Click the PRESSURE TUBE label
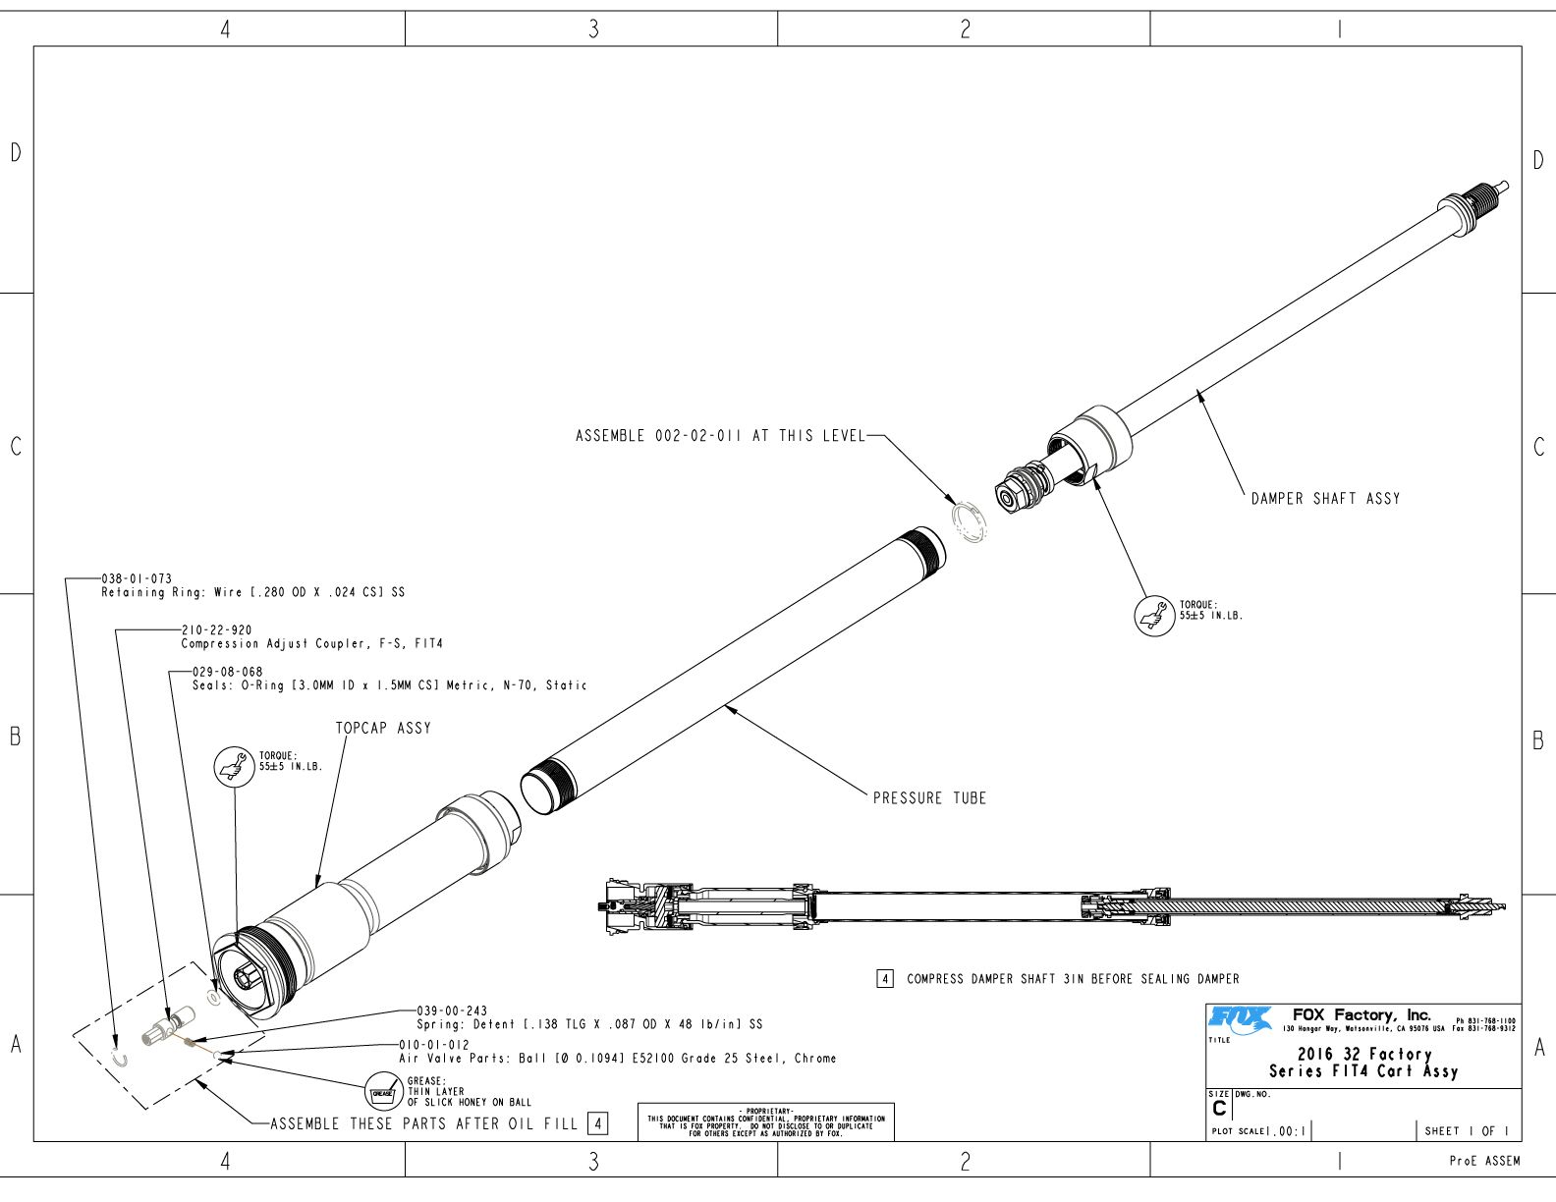pyautogui.click(x=929, y=798)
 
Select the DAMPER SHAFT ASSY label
pyautogui.click(x=1325, y=499)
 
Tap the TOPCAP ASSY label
pyautogui.click(x=383, y=728)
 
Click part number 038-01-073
pyautogui.click(x=137, y=579)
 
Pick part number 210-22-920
pyautogui.click(x=216, y=630)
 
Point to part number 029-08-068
pyautogui.click(x=228, y=673)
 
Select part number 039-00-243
pyautogui.click(x=452, y=1011)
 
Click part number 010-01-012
pyautogui.click(x=434, y=1045)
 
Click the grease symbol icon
pyautogui.click(x=382, y=1091)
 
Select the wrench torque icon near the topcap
pyautogui.click(x=234, y=765)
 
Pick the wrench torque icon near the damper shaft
pyautogui.click(x=1154, y=615)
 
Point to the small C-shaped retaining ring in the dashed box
pyautogui.click(x=120, y=1059)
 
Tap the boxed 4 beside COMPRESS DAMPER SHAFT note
pyautogui.click(x=885, y=979)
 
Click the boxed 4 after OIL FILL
pyautogui.click(x=597, y=1123)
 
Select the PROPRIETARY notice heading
pyautogui.click(x=765, y=1111)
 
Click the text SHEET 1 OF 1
pyautogui.click(x=1467, y=1131)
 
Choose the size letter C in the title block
pyautogui.click(x=1219, y=1109)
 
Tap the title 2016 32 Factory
pyautogui.click(x=1363, y=1054)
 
